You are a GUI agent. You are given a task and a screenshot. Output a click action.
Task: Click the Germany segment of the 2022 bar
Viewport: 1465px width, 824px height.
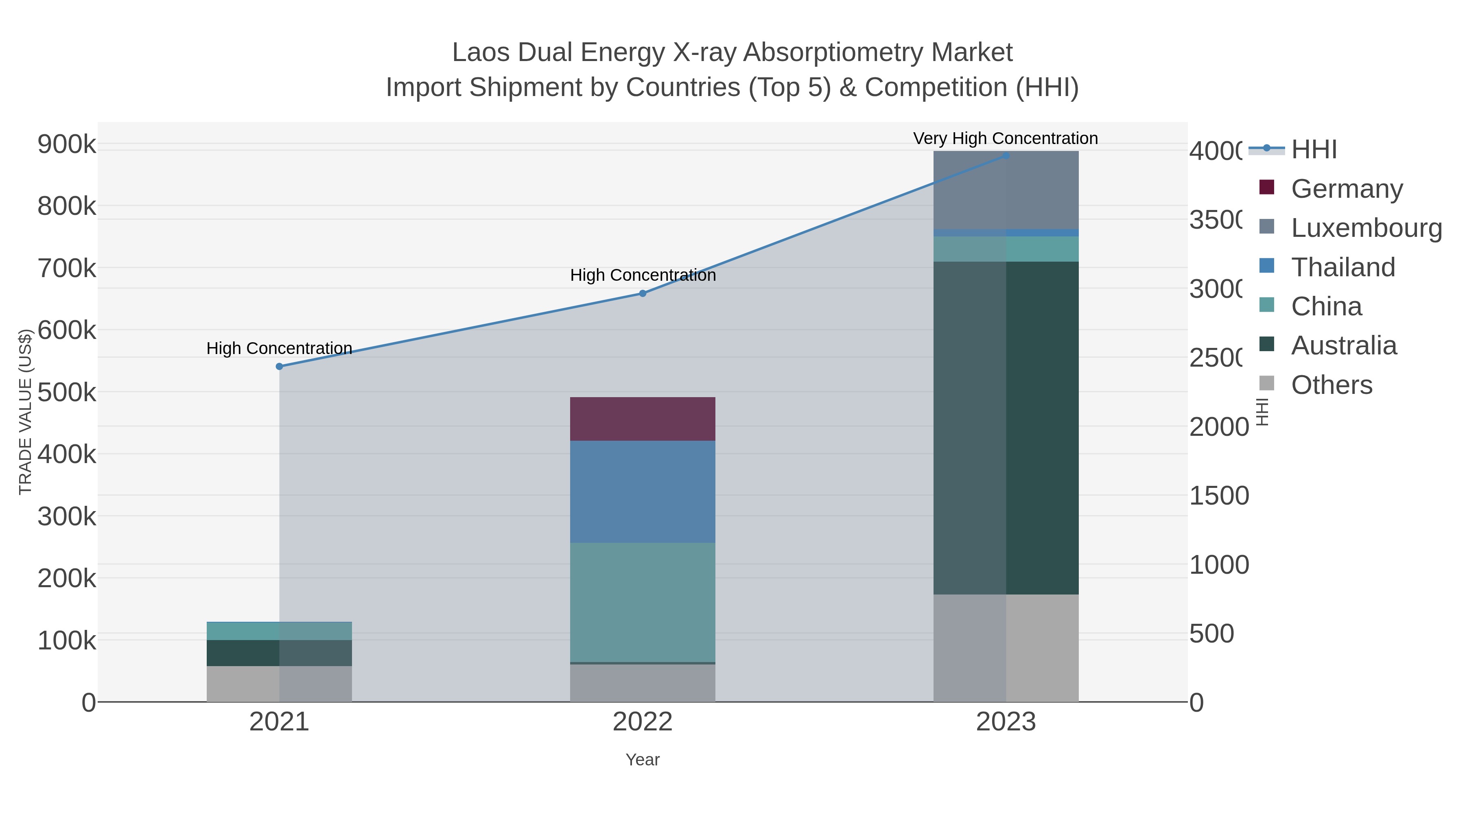point(642,419)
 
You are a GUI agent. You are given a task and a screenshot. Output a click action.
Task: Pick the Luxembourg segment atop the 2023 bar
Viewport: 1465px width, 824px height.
point(1006,190)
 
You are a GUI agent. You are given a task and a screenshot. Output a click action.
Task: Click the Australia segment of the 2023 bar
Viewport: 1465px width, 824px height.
point(1006,428)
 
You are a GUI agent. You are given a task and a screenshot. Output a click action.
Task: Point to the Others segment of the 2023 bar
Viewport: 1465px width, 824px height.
point(1006,648)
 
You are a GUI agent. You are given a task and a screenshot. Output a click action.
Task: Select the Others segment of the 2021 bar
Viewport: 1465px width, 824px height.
point(279,684)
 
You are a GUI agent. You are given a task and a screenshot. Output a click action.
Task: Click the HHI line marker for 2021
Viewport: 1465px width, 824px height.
point(279,367)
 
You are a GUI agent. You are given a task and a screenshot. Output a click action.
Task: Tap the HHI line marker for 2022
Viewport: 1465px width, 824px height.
point(643,293)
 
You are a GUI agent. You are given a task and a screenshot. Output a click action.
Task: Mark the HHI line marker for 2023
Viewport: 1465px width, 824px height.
point(1006,155)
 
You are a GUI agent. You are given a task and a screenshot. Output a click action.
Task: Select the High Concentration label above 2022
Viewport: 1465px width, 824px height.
point(643,275)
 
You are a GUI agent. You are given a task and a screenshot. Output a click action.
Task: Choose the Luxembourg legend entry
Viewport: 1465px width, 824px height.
point(1366,227)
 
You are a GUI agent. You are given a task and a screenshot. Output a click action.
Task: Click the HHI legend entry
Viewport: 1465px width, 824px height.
point(1314,150)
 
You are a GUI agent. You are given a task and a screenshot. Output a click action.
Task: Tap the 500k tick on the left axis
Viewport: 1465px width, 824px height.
point(67,392)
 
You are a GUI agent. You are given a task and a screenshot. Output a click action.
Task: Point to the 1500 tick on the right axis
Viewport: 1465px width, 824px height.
point(1218,495)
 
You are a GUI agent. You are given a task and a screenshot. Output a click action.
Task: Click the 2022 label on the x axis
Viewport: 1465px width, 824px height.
point(642,722)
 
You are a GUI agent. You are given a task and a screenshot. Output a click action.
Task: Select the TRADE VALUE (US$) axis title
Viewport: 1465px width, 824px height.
point(26,412)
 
